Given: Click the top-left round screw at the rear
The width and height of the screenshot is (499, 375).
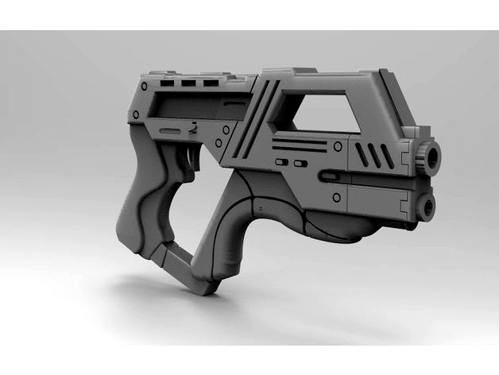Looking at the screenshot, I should tap(145, 84).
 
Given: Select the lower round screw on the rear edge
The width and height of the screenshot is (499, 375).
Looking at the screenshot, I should tap(136, 115).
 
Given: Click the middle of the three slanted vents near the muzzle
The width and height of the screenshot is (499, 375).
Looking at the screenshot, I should tap(373, 156).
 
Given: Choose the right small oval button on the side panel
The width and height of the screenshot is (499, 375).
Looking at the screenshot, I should tap(300, 164).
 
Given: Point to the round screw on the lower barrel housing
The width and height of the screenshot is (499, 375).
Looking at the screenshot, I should tap(337, 196).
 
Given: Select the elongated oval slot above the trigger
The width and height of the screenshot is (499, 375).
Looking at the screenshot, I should tap(170, 129).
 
